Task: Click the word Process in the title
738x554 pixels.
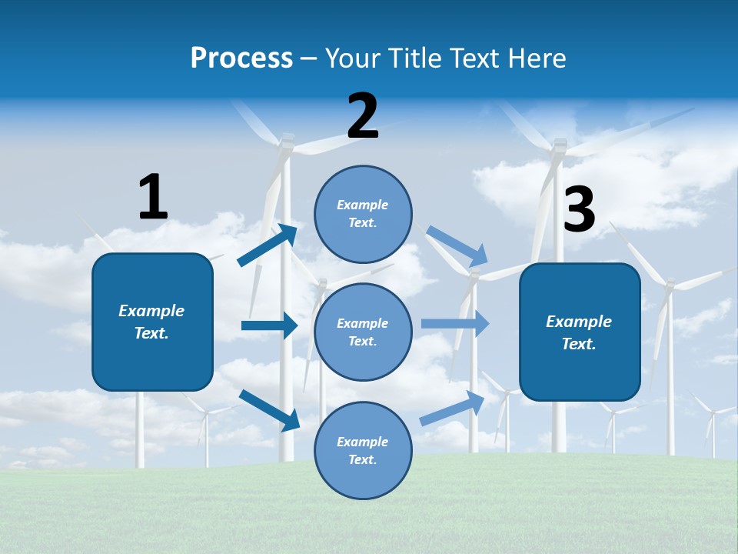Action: [241, 58]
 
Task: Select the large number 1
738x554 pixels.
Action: [153, 197]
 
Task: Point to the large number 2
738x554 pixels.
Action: [363, 116]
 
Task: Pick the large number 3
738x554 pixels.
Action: [579, 209]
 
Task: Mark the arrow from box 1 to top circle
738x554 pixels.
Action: [267, 245]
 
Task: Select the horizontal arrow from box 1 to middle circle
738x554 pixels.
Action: [269, 325]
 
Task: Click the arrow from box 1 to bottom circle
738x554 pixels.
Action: [269, 409]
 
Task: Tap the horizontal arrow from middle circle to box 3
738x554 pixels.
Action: [455, 323]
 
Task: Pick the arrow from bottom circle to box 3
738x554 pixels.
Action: [452, 409]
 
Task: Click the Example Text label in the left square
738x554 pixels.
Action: [151, 322]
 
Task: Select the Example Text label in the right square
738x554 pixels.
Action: [579, 332]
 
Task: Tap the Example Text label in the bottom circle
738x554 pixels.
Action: [363, 451]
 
